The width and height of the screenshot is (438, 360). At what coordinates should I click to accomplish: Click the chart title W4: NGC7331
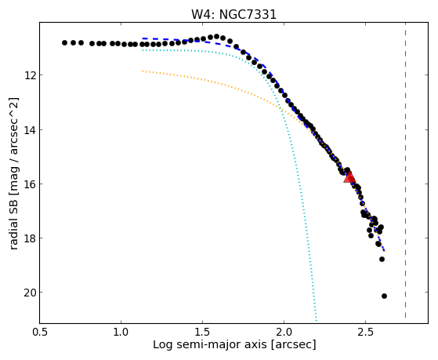click(x=233, y=15)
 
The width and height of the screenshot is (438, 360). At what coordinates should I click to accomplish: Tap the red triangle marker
click(x=349, y=177)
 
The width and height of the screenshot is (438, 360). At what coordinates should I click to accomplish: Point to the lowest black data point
click(x=384, y=296)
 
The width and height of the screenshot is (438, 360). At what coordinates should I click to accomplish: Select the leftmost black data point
click(x=64, y=43)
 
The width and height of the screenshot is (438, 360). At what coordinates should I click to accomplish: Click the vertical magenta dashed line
click(x=405, y=170)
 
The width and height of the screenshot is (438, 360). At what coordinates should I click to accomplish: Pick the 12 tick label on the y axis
click(x=29, y=75)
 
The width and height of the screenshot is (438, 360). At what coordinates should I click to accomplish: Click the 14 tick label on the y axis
click(x=29, y=129)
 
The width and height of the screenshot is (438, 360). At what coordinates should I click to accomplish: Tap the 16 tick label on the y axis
click(x=29, y=184)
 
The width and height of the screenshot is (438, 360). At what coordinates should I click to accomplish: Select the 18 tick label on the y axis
click(x=29, y=238)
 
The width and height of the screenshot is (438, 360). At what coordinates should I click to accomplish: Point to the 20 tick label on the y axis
click(x=29, y=293)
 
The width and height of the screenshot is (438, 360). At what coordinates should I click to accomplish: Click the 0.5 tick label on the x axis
click(x=40, y=332)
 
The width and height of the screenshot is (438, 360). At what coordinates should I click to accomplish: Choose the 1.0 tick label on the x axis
click(x=121, y=332)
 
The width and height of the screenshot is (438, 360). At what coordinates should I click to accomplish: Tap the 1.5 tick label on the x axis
click(x=202, y=332)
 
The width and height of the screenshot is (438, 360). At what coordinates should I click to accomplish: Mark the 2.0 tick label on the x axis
click(x=284, y=332)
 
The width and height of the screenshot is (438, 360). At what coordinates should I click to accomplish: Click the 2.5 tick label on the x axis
click(x=365, y=332)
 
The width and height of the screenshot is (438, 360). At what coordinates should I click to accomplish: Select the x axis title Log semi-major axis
click(x=209, y=344)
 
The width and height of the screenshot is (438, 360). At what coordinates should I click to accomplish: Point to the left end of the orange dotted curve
click(x=143, y=71)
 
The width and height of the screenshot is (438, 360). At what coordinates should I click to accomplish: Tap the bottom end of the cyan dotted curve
click(x=317, y=321)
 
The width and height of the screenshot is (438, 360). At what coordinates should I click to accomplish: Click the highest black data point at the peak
click(x=216, y=36)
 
